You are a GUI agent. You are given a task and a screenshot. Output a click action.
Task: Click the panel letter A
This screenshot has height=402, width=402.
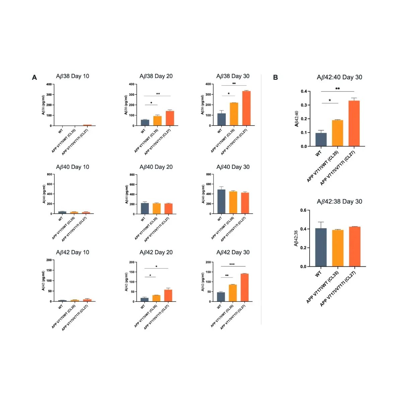(x=35, y=78)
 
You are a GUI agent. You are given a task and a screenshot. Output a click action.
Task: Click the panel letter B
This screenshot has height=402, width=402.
(x=275, y=77)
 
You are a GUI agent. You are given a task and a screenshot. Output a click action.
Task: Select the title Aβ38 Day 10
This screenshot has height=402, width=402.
(x=72, y=76)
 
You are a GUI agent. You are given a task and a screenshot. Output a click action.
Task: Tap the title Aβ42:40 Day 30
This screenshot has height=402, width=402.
(x=339, y=77)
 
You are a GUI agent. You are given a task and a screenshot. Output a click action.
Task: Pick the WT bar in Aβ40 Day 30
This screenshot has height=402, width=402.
(x=221, y=201)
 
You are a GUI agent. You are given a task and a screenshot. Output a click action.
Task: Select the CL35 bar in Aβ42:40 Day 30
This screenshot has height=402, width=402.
(x=338, y=133)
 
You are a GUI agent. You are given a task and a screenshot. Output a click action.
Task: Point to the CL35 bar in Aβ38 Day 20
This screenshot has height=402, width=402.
(x=157, y=121)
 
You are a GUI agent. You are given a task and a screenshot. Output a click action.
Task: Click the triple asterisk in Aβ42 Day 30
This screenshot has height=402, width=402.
(x=232, y=265)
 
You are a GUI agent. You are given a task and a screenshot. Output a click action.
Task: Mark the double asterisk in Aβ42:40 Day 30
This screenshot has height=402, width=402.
(x=338, y=89)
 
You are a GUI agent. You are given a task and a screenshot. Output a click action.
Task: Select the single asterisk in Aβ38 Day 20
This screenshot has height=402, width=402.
(x=151, y=103)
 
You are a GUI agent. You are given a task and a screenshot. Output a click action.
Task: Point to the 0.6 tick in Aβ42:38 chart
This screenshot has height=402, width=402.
(x=303, y=210)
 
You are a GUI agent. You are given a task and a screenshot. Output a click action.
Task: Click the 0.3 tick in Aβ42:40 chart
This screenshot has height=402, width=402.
(x=304, y=105)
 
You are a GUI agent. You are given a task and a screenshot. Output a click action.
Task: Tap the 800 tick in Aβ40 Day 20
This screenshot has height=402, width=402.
(x=132, y=175)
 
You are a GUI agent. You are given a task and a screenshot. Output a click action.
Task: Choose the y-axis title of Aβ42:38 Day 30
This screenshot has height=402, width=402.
(x=296, y=238)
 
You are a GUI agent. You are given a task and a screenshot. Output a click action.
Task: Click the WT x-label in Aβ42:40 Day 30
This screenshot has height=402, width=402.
(x=318, y=153)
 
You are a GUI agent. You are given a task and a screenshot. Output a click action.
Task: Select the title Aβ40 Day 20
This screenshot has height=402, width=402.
(x=156, y=167)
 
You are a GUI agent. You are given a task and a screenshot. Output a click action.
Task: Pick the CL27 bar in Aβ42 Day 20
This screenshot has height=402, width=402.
(x=168, y=295)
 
